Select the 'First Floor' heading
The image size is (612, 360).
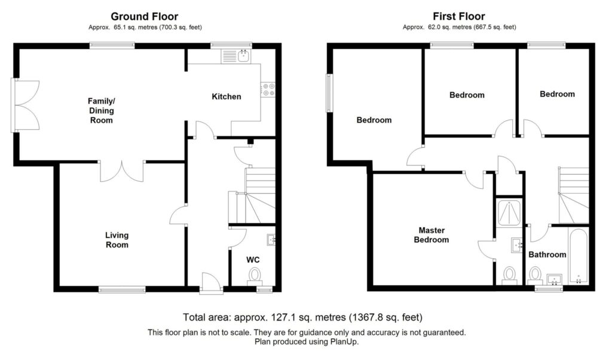(x=458, y=17)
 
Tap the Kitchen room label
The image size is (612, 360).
(x=227, y=96)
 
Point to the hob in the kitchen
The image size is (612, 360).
(x=268, y=90)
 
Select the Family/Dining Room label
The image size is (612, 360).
(x=101, y=111)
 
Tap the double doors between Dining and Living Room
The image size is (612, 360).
(x=122, y=170)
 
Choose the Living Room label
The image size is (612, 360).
(x=117, y=240)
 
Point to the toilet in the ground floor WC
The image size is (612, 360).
(x=255, y=275)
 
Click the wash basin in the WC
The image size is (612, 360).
(x=271, y=240)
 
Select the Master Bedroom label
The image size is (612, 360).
(x=433, y=235)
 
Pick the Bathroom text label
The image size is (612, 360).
(x=547, y=255)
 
